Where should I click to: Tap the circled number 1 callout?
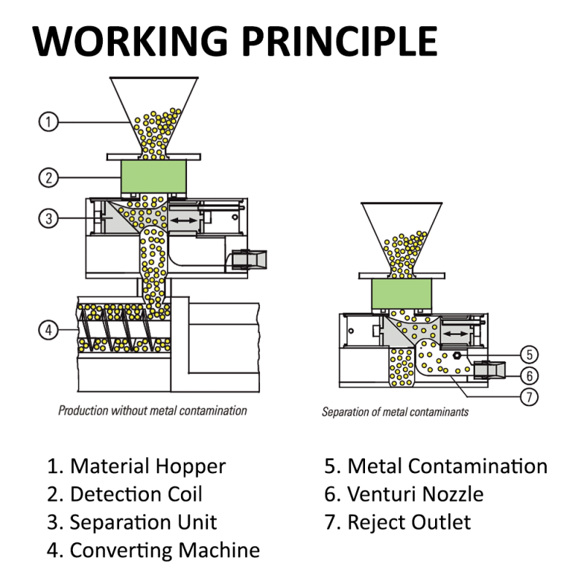[48, 121]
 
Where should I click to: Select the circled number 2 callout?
[48, 177]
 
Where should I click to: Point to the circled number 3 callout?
[48, 218]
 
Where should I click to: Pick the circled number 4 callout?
[48, 330]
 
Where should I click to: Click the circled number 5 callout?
[530, 356]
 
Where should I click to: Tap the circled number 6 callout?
[530, 376]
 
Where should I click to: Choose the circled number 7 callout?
[530, 397]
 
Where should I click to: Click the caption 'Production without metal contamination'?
[153, 410]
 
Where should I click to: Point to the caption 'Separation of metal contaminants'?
[395, 412]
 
